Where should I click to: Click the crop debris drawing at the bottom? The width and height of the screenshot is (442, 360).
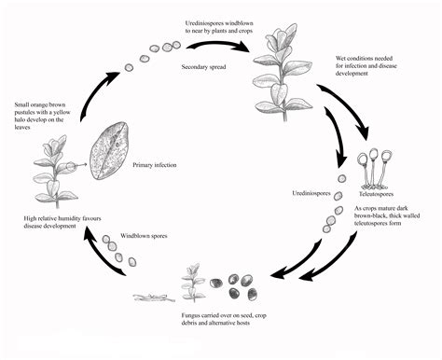coord(153,298)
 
